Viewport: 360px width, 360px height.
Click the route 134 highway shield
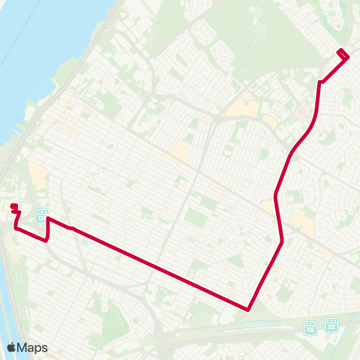point(40,215)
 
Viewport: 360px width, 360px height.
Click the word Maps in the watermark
point(32,347)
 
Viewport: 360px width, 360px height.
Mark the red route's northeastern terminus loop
point(342,54)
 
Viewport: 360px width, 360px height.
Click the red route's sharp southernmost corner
point(247,308)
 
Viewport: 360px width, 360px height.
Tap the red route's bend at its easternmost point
point(281,241)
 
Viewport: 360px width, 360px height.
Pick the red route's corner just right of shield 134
point(48,219)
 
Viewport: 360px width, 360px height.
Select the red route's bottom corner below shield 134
point(47,241)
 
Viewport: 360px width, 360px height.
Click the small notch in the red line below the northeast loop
point(321,82)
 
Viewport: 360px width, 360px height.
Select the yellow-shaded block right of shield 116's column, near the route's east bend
point(302,220)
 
